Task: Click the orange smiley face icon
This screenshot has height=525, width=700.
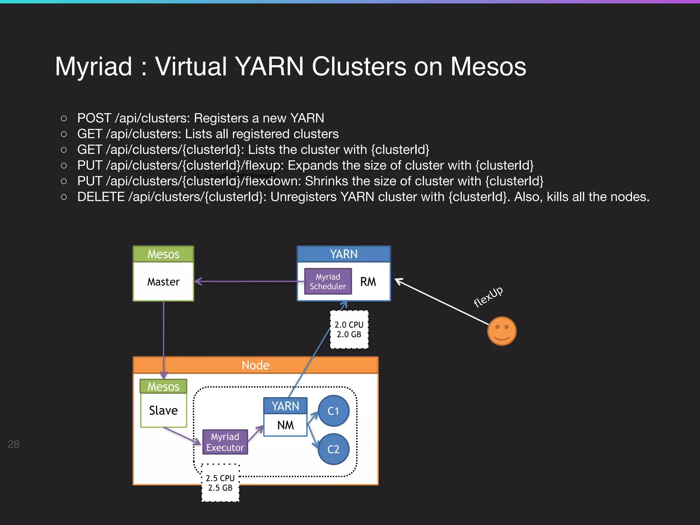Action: click(x=501, y=331)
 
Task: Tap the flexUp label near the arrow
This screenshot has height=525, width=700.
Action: click(x=488, y=296)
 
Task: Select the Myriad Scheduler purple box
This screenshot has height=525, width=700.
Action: click(x=328, y=281)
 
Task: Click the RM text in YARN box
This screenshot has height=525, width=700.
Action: click(x=368, y=282)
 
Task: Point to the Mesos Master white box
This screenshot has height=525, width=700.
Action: click(x=163, y=282)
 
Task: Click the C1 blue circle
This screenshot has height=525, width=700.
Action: click(x=333, y=411)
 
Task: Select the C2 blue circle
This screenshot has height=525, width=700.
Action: click(x=333, y=449)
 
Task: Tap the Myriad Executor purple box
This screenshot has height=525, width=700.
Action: click(x=225, y=442)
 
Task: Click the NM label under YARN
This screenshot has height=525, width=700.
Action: click(x=285, y=425)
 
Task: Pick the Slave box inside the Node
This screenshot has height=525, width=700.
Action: click(x=163, y=410)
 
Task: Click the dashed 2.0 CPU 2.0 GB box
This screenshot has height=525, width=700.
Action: click(x=349, y=329)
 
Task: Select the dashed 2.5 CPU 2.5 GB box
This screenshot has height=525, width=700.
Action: click(x=220, y=483)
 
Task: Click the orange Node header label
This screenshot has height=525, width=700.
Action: click(x=255, y=365)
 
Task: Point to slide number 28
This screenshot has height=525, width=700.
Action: click(x=13, y=444)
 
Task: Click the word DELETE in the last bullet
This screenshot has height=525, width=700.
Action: click(x=101, y=197)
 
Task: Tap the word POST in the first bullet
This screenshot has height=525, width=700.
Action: click(x=94, y=118)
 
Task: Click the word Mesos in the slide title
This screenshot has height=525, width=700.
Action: click(x=488, y=66)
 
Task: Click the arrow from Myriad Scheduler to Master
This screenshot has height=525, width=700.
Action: click(x=250, y=281)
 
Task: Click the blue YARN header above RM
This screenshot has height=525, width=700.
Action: click(x=344, y=254)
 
